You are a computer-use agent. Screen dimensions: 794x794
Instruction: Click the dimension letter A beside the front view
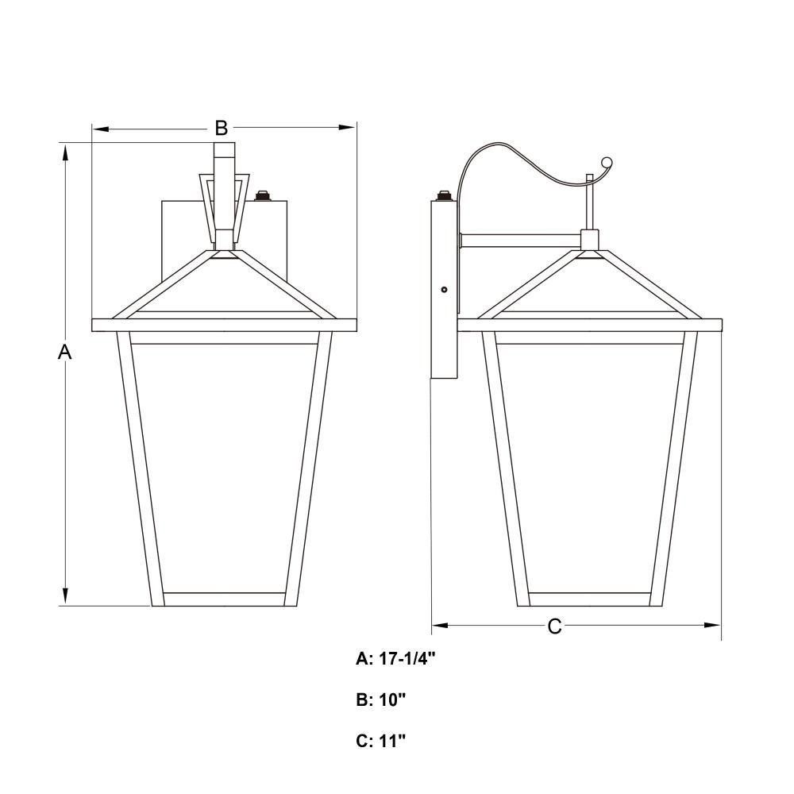coord(64,352)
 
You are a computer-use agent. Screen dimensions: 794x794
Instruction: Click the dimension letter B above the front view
coord(222,128)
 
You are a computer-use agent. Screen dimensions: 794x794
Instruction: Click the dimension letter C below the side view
coord(554,626)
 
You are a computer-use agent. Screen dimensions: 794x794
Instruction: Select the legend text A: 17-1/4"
coord(395,659)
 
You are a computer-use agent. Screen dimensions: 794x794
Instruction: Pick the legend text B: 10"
coord(381,700)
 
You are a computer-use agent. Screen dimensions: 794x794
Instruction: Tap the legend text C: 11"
coord(381,741)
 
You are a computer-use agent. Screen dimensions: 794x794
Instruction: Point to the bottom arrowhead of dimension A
coord(65,596)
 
